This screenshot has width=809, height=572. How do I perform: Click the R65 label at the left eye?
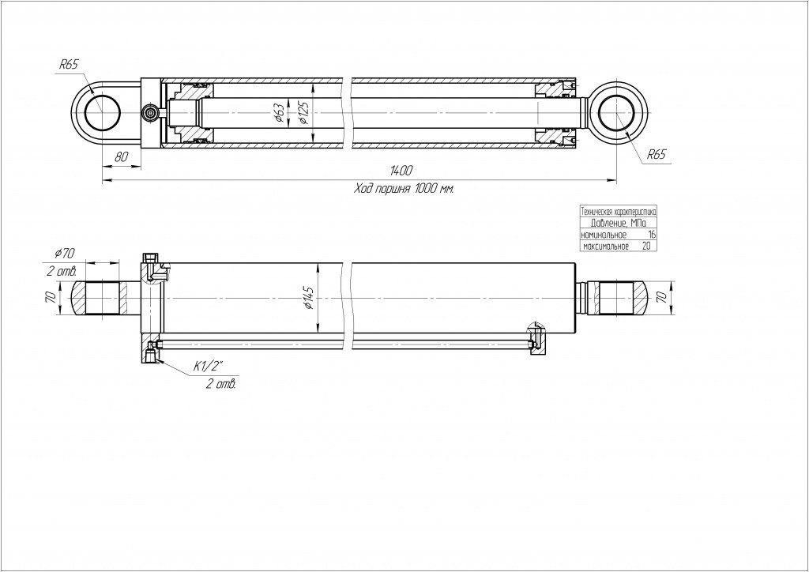tap(69, 66)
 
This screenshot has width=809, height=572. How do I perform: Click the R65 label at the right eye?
tap(657, 155)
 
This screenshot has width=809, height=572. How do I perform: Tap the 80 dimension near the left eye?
tap(122, 156)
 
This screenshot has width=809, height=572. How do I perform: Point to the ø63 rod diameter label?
tap(280, 113)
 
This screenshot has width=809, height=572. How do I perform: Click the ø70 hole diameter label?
tap(65, 253)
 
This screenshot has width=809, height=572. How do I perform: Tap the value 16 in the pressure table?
tap(651, 235)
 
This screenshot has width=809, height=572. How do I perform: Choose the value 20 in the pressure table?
tap(647, 246)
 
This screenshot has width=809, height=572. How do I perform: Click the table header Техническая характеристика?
tap(619, 213)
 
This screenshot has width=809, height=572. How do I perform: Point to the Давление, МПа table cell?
tap(619, 224)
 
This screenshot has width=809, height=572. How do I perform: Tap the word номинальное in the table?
tap(604, 235)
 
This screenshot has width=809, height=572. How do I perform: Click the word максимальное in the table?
tap(606, 246)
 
